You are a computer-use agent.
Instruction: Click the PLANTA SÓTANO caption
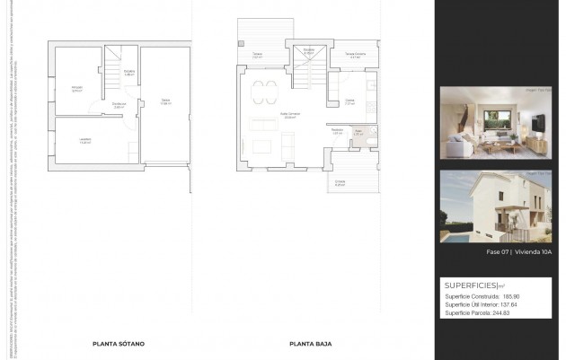point(119,343)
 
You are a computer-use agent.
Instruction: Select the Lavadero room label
point(84,141)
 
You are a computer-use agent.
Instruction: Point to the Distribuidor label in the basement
point(119,105)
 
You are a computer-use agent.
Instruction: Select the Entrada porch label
point(340,182)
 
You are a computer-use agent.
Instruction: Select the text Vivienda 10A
point(533,252)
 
